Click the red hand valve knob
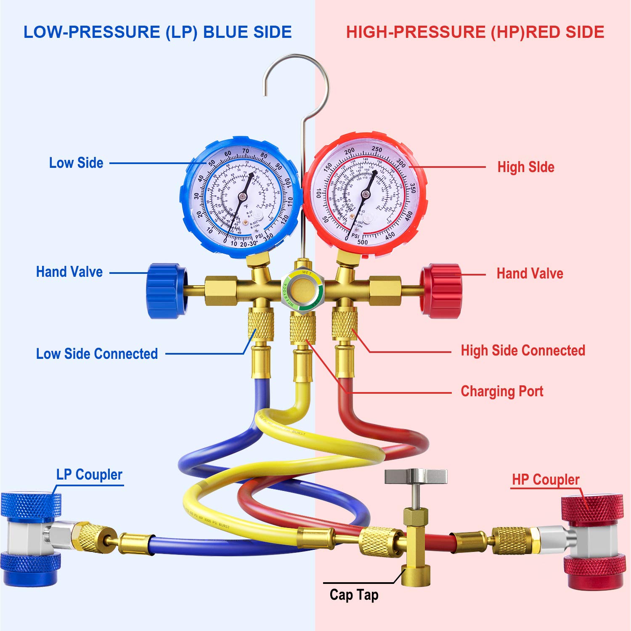[x=441, y=291]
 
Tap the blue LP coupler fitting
[x=30, y=534]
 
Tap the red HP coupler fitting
[x=593, y=541]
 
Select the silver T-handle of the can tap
[x=416, y=477]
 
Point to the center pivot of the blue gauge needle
[x=242, y=197]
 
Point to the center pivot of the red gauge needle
[x=365, y=194]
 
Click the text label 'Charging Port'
[x=502, y=391]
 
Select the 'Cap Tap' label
[x=354, y=595]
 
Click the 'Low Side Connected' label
[x=97, y=354]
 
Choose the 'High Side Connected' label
[x=523, y=350]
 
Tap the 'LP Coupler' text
[x=89, y=475]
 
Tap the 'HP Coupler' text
[x=546, y=480]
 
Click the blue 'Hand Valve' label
[x=69, y=272]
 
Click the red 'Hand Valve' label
[x=530, y=273]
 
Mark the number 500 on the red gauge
[x=362, y=242]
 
